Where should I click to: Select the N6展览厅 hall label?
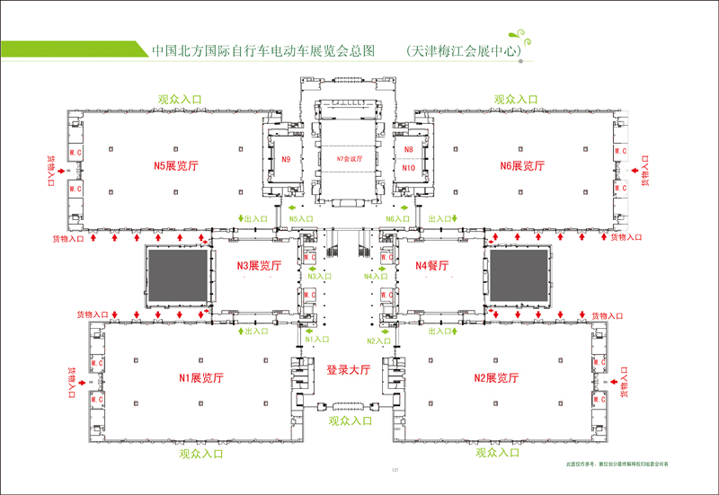click(522, 165)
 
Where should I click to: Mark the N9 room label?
click(286, 159)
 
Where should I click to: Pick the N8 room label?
click(408, 150)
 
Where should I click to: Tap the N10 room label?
click(408, 168)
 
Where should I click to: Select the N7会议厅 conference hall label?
click(347, 159)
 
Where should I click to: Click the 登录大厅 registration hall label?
click(348, 369)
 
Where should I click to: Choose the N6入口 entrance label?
click(396, 219)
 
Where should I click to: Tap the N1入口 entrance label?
click(316, 340)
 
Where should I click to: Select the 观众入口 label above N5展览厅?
click(181, 100)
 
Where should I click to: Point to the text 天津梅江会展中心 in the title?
click(465, 51)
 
